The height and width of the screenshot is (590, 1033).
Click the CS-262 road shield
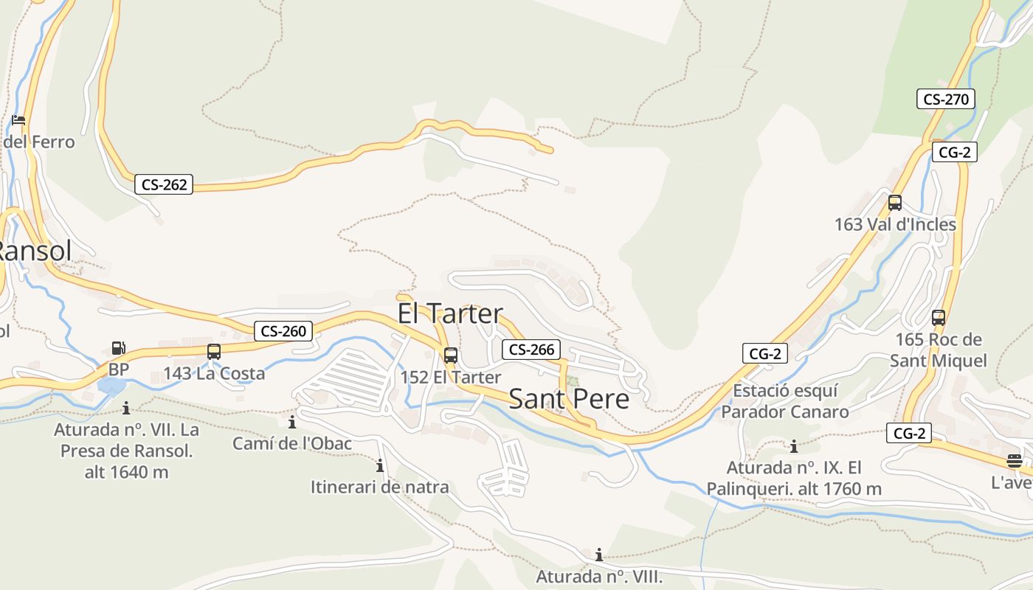pyautogui.click(x=164, y=184)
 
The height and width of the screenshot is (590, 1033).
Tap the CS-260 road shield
pyautogui.click(x=283, y=331)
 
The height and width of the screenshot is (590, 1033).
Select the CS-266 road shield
pyautogui.click(x=531, y=349)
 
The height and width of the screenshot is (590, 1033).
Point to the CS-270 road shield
pyautogui.click(x=946, y=99)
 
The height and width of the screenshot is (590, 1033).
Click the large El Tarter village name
pyautogui.click(x=450, y=313)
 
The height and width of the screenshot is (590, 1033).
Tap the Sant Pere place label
pyautogui.click(x=569, y=399)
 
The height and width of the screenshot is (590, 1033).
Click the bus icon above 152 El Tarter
pyautogui.click(x=450, y=355)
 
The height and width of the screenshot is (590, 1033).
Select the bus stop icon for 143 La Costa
pyautogui.click(x=214, y=352)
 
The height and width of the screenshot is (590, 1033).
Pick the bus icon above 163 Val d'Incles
pyautogui.click(x=895, y=202)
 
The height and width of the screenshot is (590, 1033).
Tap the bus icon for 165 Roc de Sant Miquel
pyautogui.click(x=939, y=318)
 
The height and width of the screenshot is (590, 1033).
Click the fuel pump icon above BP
pyautogui.click(x=118, y=348)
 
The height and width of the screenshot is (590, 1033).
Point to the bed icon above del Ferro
pyautogui.click(x=18, y=119)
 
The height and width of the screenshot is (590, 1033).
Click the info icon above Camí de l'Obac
pyautogui.click(x=292, y=422)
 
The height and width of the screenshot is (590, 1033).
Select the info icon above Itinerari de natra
pyautogui.click(x=380, y=465)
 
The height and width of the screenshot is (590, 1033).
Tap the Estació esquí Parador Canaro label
pyautogui.click(x=785, y=401)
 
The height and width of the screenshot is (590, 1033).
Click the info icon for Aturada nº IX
pyautogui.click(x=794, y=446)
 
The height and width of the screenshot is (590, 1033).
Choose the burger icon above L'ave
pyautogui.click(x=1015, y=462)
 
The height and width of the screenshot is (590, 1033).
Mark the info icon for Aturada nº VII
pyautogui.click(x=126, y=408)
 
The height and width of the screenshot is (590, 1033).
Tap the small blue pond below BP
pyautogui.click(x=111, y=386)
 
